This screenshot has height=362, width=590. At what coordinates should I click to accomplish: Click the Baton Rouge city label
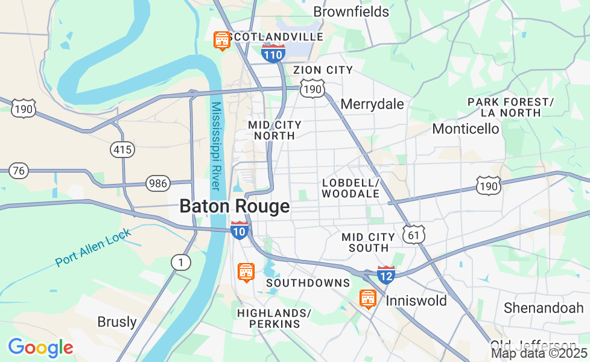click(234, 206)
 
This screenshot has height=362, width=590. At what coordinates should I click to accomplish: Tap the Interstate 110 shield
click(273, 54)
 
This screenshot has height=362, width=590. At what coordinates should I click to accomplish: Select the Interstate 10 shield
click(239, 230)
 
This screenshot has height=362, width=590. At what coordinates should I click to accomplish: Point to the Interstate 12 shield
click(386, 275)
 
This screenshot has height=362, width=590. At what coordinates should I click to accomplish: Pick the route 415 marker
click(122, 149)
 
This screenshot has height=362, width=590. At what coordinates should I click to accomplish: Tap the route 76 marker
click(19, 171)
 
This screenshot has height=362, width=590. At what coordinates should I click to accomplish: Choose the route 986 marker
click(158, 183)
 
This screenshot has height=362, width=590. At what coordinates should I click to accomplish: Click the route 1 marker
click(180, 262)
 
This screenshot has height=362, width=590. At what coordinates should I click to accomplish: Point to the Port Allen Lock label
click(93, 250)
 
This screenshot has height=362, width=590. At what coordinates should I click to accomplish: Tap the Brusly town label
click(117, 322)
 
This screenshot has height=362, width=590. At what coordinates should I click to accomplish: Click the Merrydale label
click(372, 104)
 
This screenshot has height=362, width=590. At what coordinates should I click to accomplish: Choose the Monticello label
click(466, 129)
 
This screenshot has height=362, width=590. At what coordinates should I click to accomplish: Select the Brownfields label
click(351, 11)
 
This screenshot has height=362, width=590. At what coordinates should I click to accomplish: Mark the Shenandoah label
click(544, 308)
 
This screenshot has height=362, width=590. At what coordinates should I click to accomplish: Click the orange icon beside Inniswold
click(367, 299)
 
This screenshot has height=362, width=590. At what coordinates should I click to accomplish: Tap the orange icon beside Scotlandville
click(222, 40)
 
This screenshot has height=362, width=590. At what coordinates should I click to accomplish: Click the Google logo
click(40, 348)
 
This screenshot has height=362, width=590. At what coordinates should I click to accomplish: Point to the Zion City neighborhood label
click(323, 70)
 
